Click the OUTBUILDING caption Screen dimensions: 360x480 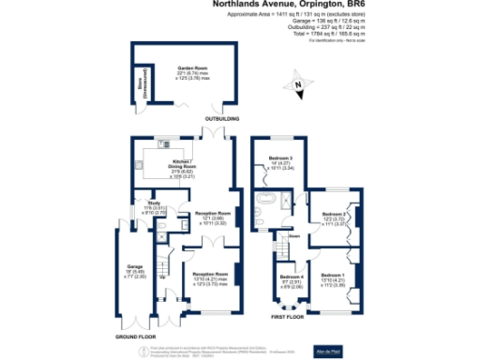point(221,119)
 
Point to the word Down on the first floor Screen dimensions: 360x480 point(293,236)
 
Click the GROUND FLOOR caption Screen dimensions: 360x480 point(135,335)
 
